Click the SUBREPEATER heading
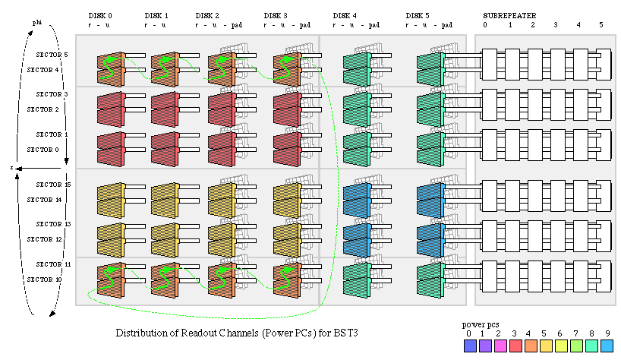tap(509, 15)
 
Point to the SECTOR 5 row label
tap(52, 55)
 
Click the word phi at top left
tap(36, 23)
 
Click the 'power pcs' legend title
tap(478, 324)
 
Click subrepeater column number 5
tap(601, 25)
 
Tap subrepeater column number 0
tap(486, 25)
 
